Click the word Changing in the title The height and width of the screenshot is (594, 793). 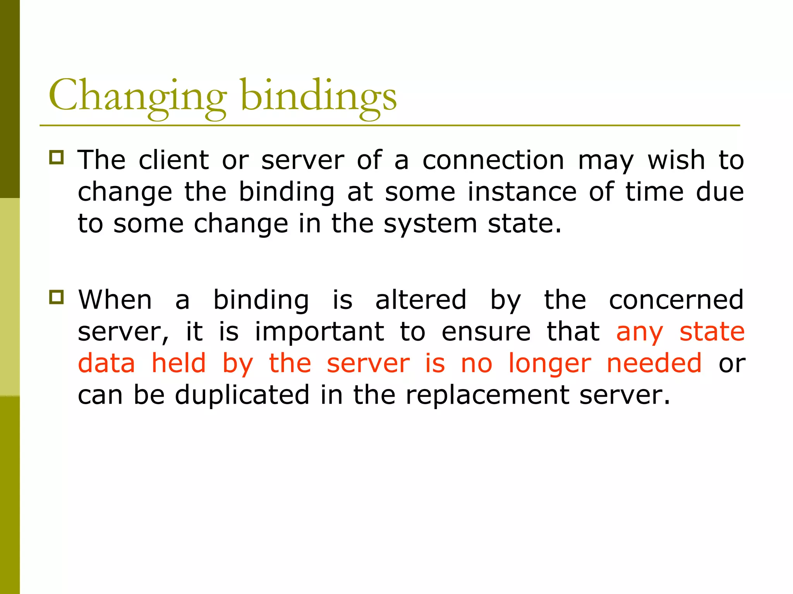137,96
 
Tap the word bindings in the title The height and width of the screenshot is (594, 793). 318,96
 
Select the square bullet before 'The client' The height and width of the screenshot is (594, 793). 57,157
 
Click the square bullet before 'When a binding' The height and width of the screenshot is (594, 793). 57,297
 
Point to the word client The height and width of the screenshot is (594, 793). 174,160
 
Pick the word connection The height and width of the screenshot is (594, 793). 493,160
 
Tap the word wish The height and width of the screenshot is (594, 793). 676,160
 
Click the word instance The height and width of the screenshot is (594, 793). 522,192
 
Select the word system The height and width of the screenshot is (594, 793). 430,224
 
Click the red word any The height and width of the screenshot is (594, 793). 639,333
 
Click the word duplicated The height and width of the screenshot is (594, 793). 242,395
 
